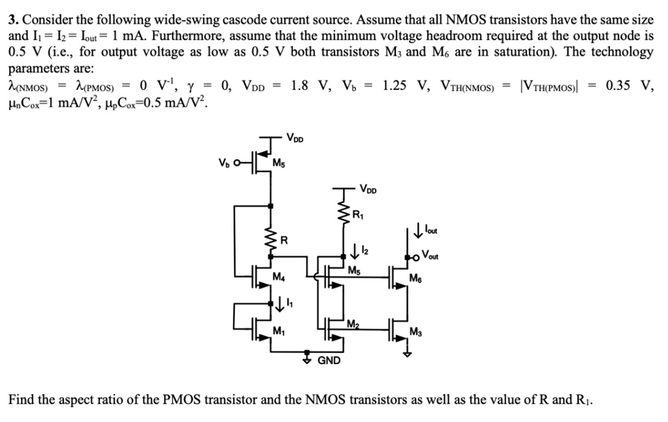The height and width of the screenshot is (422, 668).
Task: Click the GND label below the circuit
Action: click(x=329, y=360)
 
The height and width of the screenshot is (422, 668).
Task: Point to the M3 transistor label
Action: click(x=416, y=333)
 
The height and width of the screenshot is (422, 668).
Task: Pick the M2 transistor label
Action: click(x=353, y=324)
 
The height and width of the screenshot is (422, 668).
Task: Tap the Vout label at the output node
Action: click(x=429, y=255)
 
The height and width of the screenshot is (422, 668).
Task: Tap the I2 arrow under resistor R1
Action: click(x=353, y=250)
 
